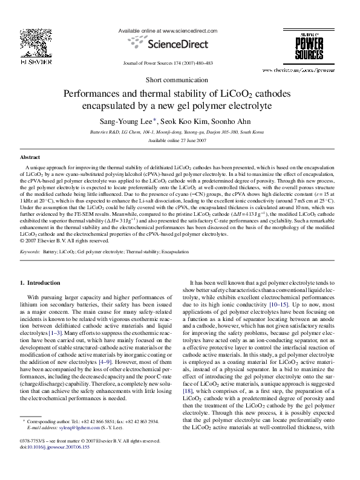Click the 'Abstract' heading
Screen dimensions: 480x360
click(x=30, y=157)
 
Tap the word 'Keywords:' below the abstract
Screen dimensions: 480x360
click(x=30, y=250)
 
